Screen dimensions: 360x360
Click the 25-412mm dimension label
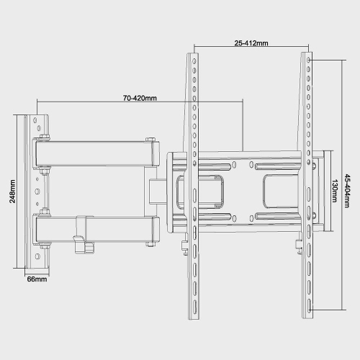point(251,42)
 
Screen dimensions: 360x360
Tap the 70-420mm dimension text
point(140,98)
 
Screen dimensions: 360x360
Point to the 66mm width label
point(37,279)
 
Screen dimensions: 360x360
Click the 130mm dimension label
point(335,192)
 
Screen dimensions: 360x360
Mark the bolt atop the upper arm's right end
point(149,140)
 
